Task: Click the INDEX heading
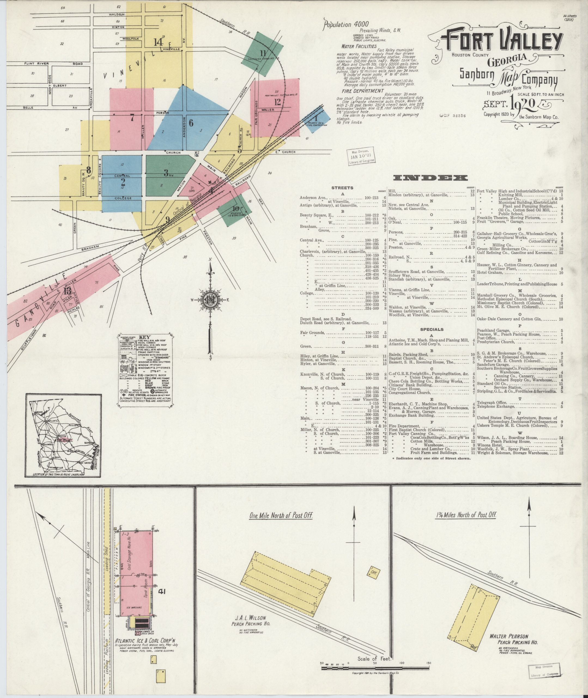tap(430, 178)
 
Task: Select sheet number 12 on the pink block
tap(277, 102)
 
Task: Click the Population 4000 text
tap(346, 24)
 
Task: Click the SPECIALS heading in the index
tap(432, 329)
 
